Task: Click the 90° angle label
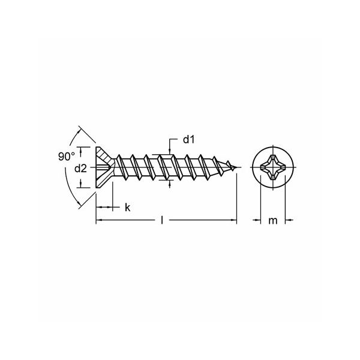tap(67, 157)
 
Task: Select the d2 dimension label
tap(80, 169)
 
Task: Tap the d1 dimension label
tap(189, 139)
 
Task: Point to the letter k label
tap(128, 208)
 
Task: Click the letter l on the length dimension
tap(162, 220)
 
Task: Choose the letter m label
tap(273, 221)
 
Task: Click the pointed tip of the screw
tap(237, 167)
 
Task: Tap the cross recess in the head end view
tap(273, 167)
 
